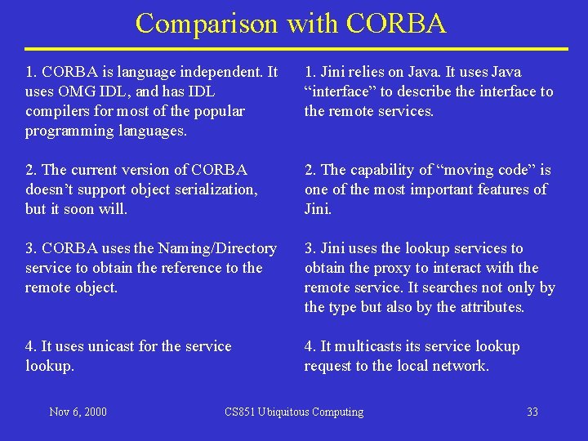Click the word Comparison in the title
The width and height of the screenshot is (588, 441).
click(x=207, y=23)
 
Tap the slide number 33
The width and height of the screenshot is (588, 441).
click(x=532, y=412)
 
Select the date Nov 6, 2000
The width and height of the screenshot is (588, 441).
click(x=78, y=412)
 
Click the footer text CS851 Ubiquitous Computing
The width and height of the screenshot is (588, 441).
click(x=294, y=412)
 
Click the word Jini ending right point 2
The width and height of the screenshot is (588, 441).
click(x=318, y=209)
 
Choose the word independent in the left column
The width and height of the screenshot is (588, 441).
click(x=225, y=72)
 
